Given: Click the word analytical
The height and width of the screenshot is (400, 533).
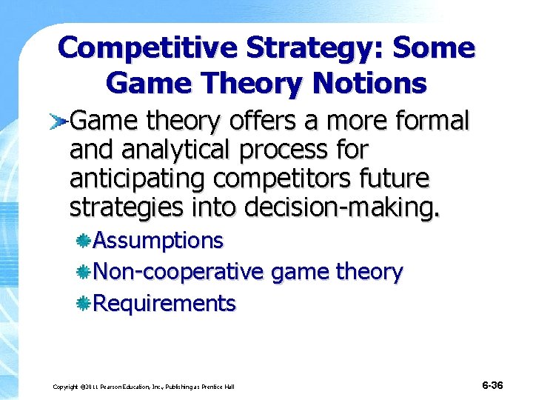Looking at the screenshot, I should pyautogui.click(x=170, y=150).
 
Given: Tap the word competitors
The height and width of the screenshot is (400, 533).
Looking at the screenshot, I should pyautogui.click(x=292, y=179).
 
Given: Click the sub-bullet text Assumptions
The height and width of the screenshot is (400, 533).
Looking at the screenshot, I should pyautogui.click(x=158, y=241).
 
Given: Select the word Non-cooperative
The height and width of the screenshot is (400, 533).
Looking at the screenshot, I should pyautogui.click(x=178, y=272).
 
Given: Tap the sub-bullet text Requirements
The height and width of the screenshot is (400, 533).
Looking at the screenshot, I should pyautogui.click(x=164, y=304).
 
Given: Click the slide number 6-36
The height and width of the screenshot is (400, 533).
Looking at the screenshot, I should pyautogui.click(x=492, y=385).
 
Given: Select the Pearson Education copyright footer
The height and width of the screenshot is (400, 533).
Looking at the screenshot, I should pyautogui.click(x=144, y=387).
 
